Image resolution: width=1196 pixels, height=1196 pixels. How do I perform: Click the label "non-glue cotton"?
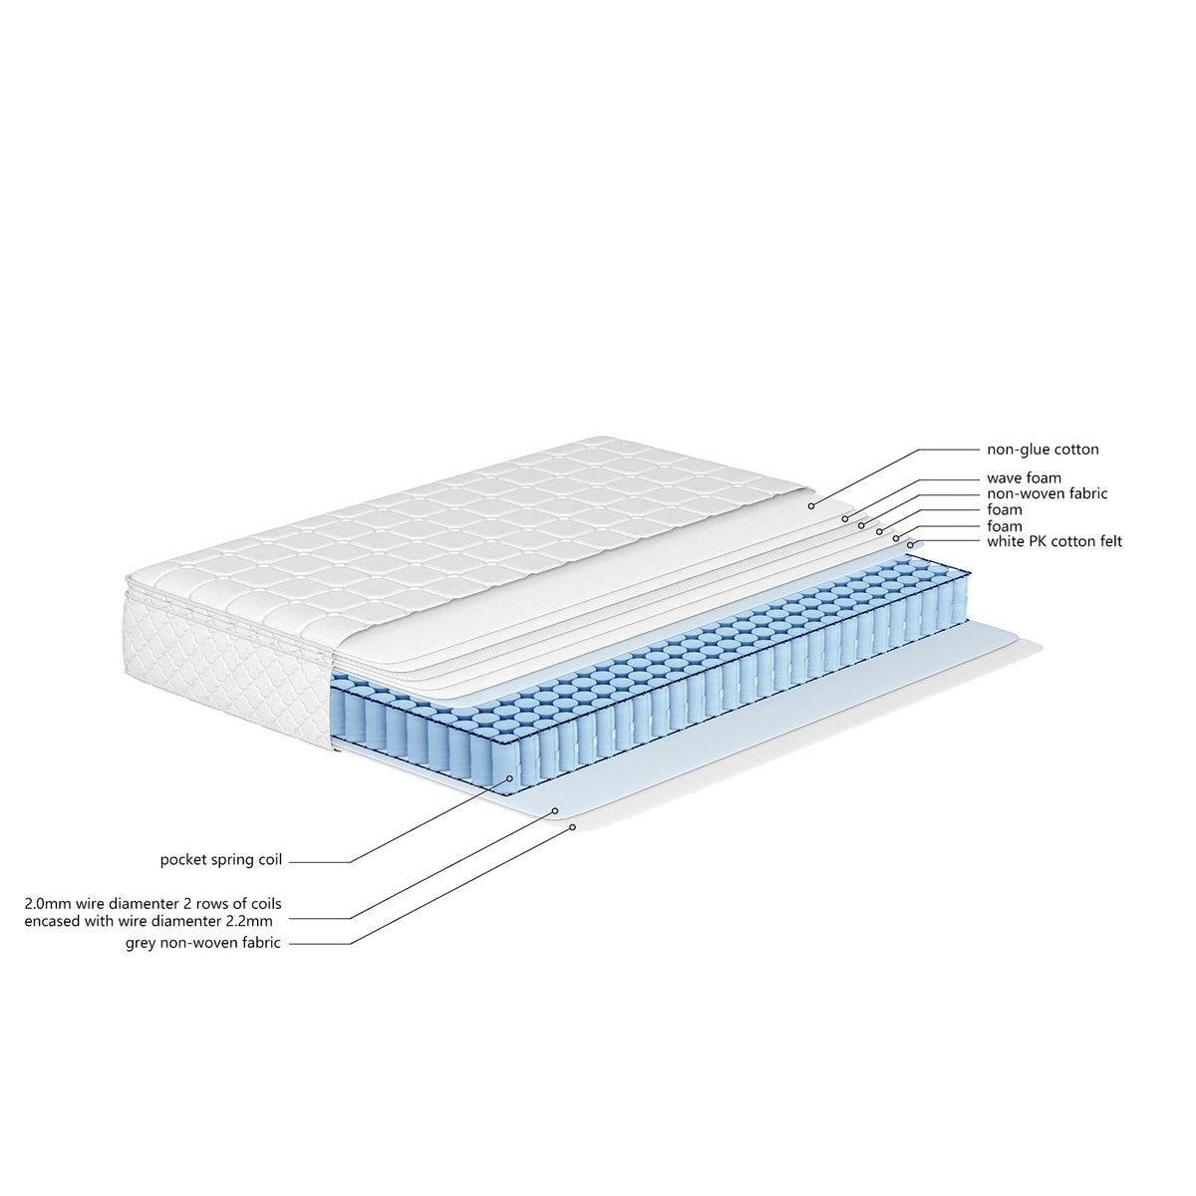1043,449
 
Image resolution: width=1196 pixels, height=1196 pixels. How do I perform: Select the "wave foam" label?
1025,478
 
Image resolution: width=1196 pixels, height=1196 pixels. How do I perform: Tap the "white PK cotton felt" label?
1054,541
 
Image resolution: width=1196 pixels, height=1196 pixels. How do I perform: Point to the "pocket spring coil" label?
221,859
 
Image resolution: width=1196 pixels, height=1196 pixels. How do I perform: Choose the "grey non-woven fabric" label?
203,943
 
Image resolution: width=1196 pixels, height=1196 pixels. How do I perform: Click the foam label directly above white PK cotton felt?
1005,526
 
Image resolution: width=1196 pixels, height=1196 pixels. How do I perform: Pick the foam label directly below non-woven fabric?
1005,509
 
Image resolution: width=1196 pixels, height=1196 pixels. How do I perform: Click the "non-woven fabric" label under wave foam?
1047,493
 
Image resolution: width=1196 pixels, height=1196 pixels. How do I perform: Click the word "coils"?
265,903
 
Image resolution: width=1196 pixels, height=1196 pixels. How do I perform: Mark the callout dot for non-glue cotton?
811,506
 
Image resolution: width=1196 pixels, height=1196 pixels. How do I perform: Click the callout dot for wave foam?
845,518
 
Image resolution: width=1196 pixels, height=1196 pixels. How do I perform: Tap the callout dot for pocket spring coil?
510,777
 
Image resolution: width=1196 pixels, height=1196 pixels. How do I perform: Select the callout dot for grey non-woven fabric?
573,827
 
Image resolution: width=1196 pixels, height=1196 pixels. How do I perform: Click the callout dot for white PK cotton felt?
911,545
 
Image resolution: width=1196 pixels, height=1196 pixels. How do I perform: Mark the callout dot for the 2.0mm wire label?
555,810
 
